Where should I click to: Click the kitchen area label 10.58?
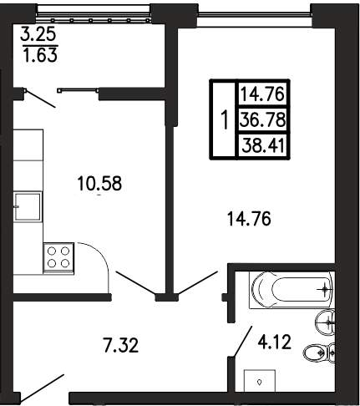click(99, 183)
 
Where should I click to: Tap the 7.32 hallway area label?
click(120, 346)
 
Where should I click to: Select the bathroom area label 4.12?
click(274, 342)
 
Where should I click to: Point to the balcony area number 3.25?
click(38, 35)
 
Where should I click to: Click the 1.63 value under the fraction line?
click(40, 54)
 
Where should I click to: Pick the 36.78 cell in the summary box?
click(263, 120)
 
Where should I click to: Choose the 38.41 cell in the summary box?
click(263, 146)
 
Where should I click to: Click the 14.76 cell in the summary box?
click(262, 94)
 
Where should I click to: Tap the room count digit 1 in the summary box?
click(225, 119)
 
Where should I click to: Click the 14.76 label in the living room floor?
click(249, 218)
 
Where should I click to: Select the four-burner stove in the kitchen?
click(58, 258)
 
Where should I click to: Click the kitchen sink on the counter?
click(28, 206)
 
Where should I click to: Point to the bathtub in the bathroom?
click(291, 289)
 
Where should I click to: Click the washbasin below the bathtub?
click(325, 322)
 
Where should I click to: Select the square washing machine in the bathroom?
click(260, 381)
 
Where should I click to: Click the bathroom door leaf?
click(242, 342)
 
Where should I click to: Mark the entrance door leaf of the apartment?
click(42, 388)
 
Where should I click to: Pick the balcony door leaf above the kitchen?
click(39, 99)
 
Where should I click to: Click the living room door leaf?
click(197, 282)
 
